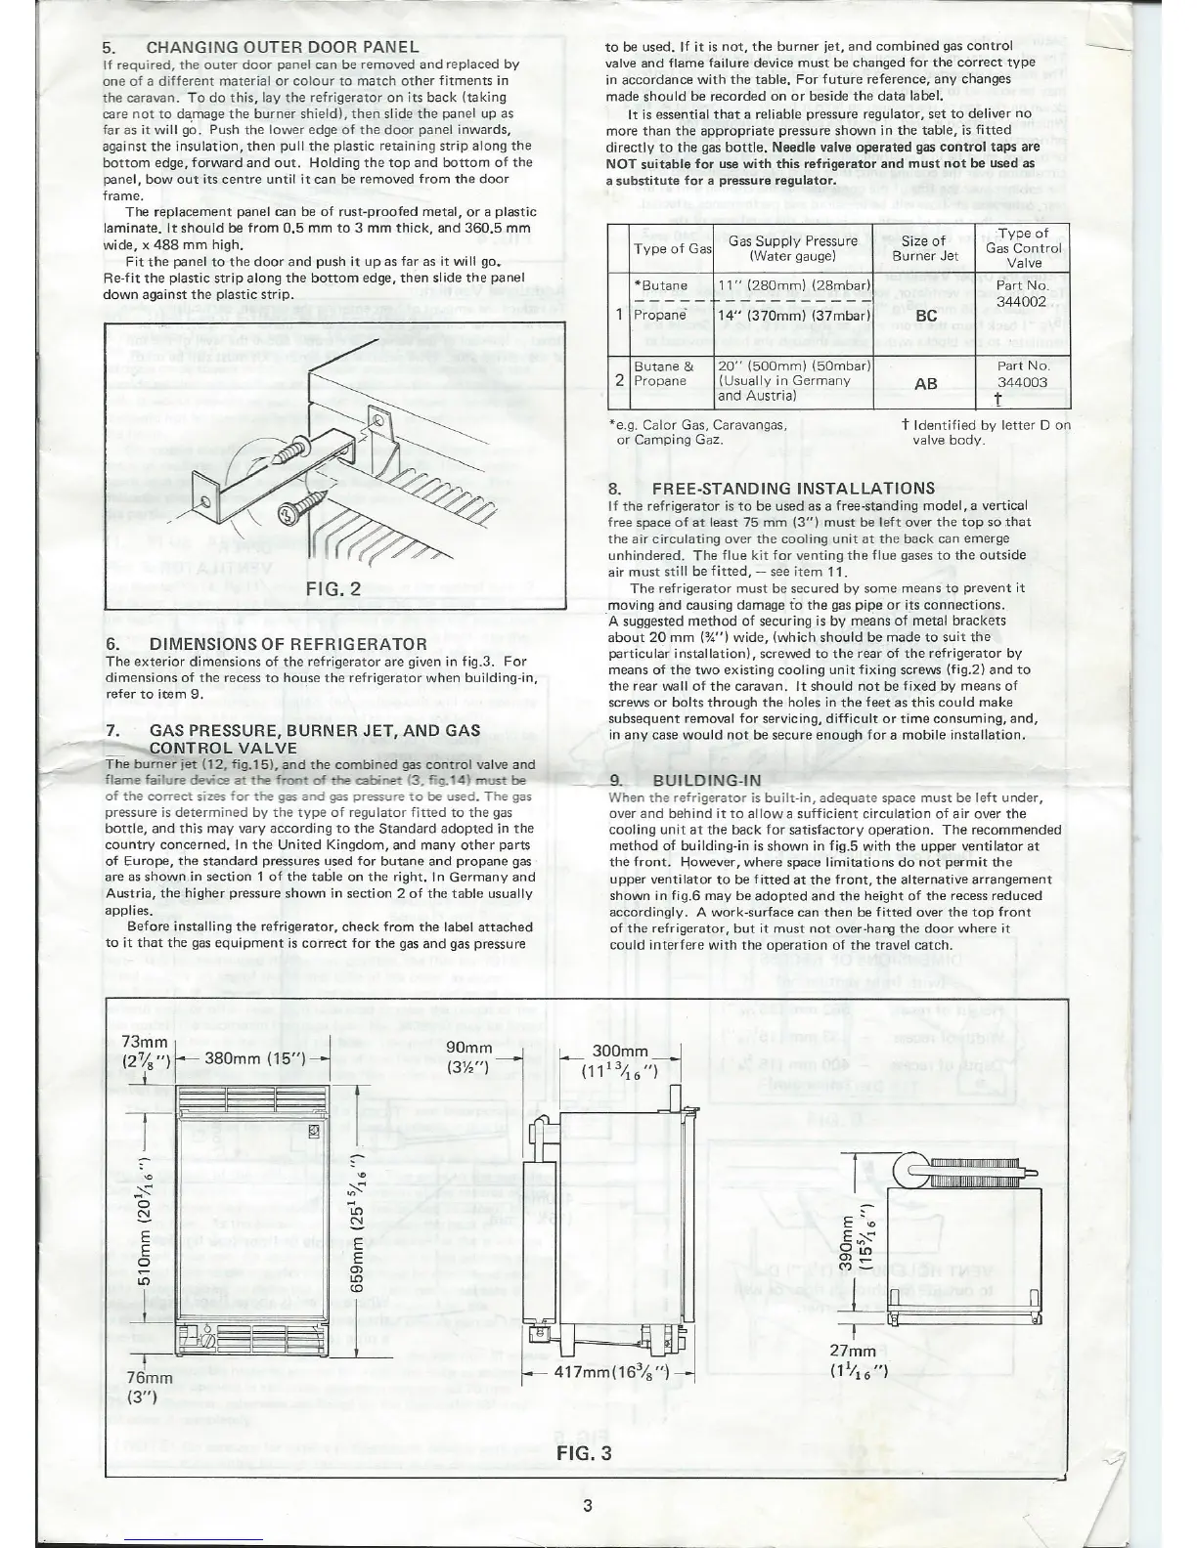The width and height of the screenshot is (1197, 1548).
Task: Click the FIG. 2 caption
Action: click(333, 589)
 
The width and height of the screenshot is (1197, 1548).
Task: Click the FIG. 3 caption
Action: click(584, 1452)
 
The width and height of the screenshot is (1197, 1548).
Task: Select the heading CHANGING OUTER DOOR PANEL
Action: click(283, 47)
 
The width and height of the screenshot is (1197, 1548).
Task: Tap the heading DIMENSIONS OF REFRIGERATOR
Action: click(287, 644)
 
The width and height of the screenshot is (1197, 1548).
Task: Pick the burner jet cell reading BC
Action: click(925, 317)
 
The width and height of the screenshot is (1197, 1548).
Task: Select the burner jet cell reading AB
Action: click(925, 384)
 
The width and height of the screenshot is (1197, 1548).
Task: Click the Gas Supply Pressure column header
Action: click(793, 248)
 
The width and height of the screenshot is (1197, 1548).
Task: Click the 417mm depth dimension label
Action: click(611, 1371)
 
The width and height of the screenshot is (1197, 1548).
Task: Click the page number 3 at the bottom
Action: click(587, 1505)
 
